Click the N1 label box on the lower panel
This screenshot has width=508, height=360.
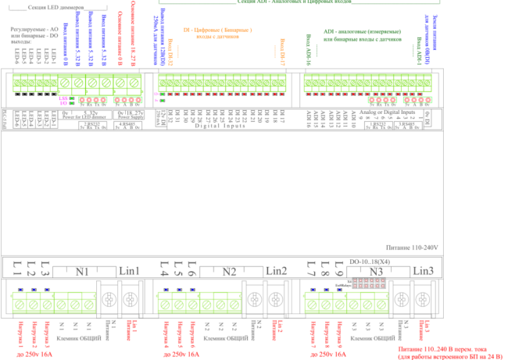(x=81, y=271)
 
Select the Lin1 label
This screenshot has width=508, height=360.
(x=128, y=271)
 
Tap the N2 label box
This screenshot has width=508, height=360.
(x=229, y=271)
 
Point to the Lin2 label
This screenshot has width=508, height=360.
(x=277, y=271)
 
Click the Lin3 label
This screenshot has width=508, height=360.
(x=422, y=271)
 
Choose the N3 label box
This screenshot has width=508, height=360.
(x=376, y=271)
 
